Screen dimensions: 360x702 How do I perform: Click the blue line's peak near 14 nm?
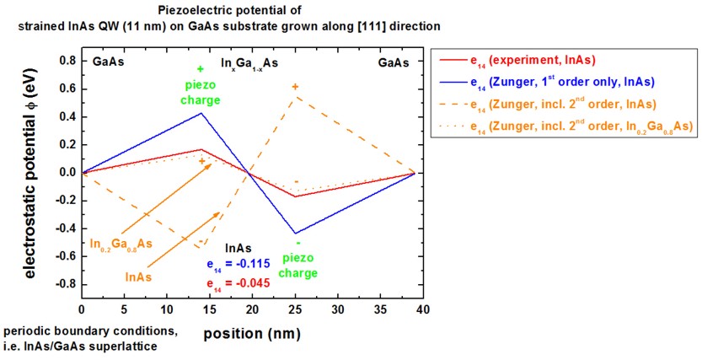pos(201,113)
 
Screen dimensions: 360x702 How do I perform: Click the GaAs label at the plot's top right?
pos(394,62)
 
